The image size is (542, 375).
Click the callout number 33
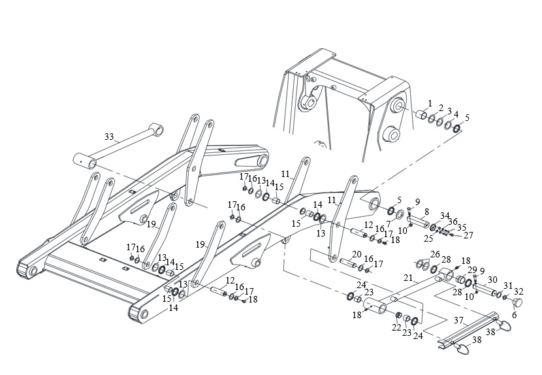click(109, 137)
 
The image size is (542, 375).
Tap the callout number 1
click(430, 103)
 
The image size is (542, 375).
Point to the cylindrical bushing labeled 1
click(421, 114)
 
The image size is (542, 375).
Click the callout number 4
click(456, 114)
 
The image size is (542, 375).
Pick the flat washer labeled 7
click(400, 214)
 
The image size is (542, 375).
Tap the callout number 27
click(468, 236)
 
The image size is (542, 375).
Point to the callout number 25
click(428, 238)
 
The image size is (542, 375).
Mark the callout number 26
click(435, 255)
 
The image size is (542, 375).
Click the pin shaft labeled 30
click(486, 289)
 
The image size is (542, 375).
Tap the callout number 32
click(518, 291)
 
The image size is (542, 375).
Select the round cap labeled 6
click(517, 302)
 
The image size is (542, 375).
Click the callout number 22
click(396, 327)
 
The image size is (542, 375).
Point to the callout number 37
click(458, 321)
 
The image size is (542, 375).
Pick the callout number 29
click(472, 270)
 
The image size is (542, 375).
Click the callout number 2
click(441, 108)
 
